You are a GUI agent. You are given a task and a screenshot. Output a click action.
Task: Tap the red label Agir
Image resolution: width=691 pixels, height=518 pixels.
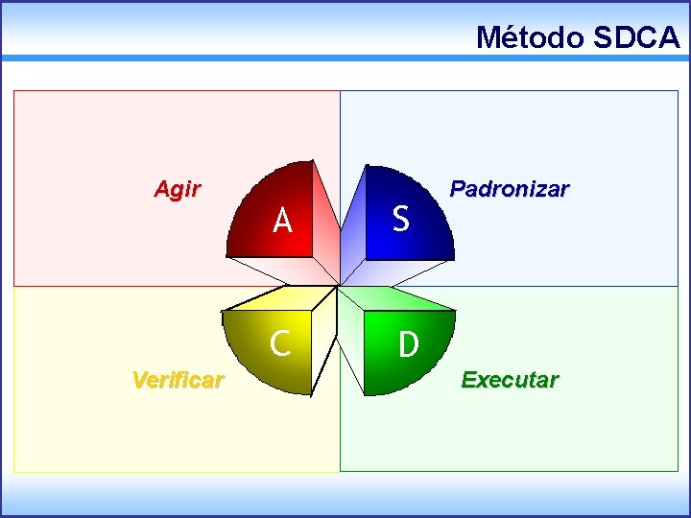178,189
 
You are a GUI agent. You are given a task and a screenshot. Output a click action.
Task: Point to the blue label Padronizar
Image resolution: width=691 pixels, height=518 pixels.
510,189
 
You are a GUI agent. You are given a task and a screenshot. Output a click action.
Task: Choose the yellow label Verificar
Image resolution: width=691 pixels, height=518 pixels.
178,380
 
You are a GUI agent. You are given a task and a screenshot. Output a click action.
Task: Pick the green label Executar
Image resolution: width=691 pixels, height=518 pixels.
510,380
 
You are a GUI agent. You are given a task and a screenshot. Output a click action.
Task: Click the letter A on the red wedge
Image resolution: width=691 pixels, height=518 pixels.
282,222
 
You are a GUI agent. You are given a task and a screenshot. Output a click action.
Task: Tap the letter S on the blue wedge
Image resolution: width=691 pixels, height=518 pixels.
401,220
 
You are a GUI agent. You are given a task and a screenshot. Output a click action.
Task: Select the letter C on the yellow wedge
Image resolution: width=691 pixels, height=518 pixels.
280,342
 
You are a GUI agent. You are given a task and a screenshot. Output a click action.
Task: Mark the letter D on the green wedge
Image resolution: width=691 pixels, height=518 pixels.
409,344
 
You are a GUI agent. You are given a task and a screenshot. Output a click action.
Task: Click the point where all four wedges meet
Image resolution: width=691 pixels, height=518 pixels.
339,286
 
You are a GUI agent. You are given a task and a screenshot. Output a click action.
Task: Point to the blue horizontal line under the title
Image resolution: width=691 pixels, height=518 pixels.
345,59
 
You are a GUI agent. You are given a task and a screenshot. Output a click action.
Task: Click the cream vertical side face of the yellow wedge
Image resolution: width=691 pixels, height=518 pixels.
324,336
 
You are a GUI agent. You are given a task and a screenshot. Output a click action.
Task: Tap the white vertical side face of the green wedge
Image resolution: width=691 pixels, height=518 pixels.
353,336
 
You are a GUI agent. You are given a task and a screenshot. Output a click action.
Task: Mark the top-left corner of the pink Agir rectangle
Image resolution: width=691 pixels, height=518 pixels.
14,92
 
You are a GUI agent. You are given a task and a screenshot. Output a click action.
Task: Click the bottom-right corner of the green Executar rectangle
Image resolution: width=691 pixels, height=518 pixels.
677,470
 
